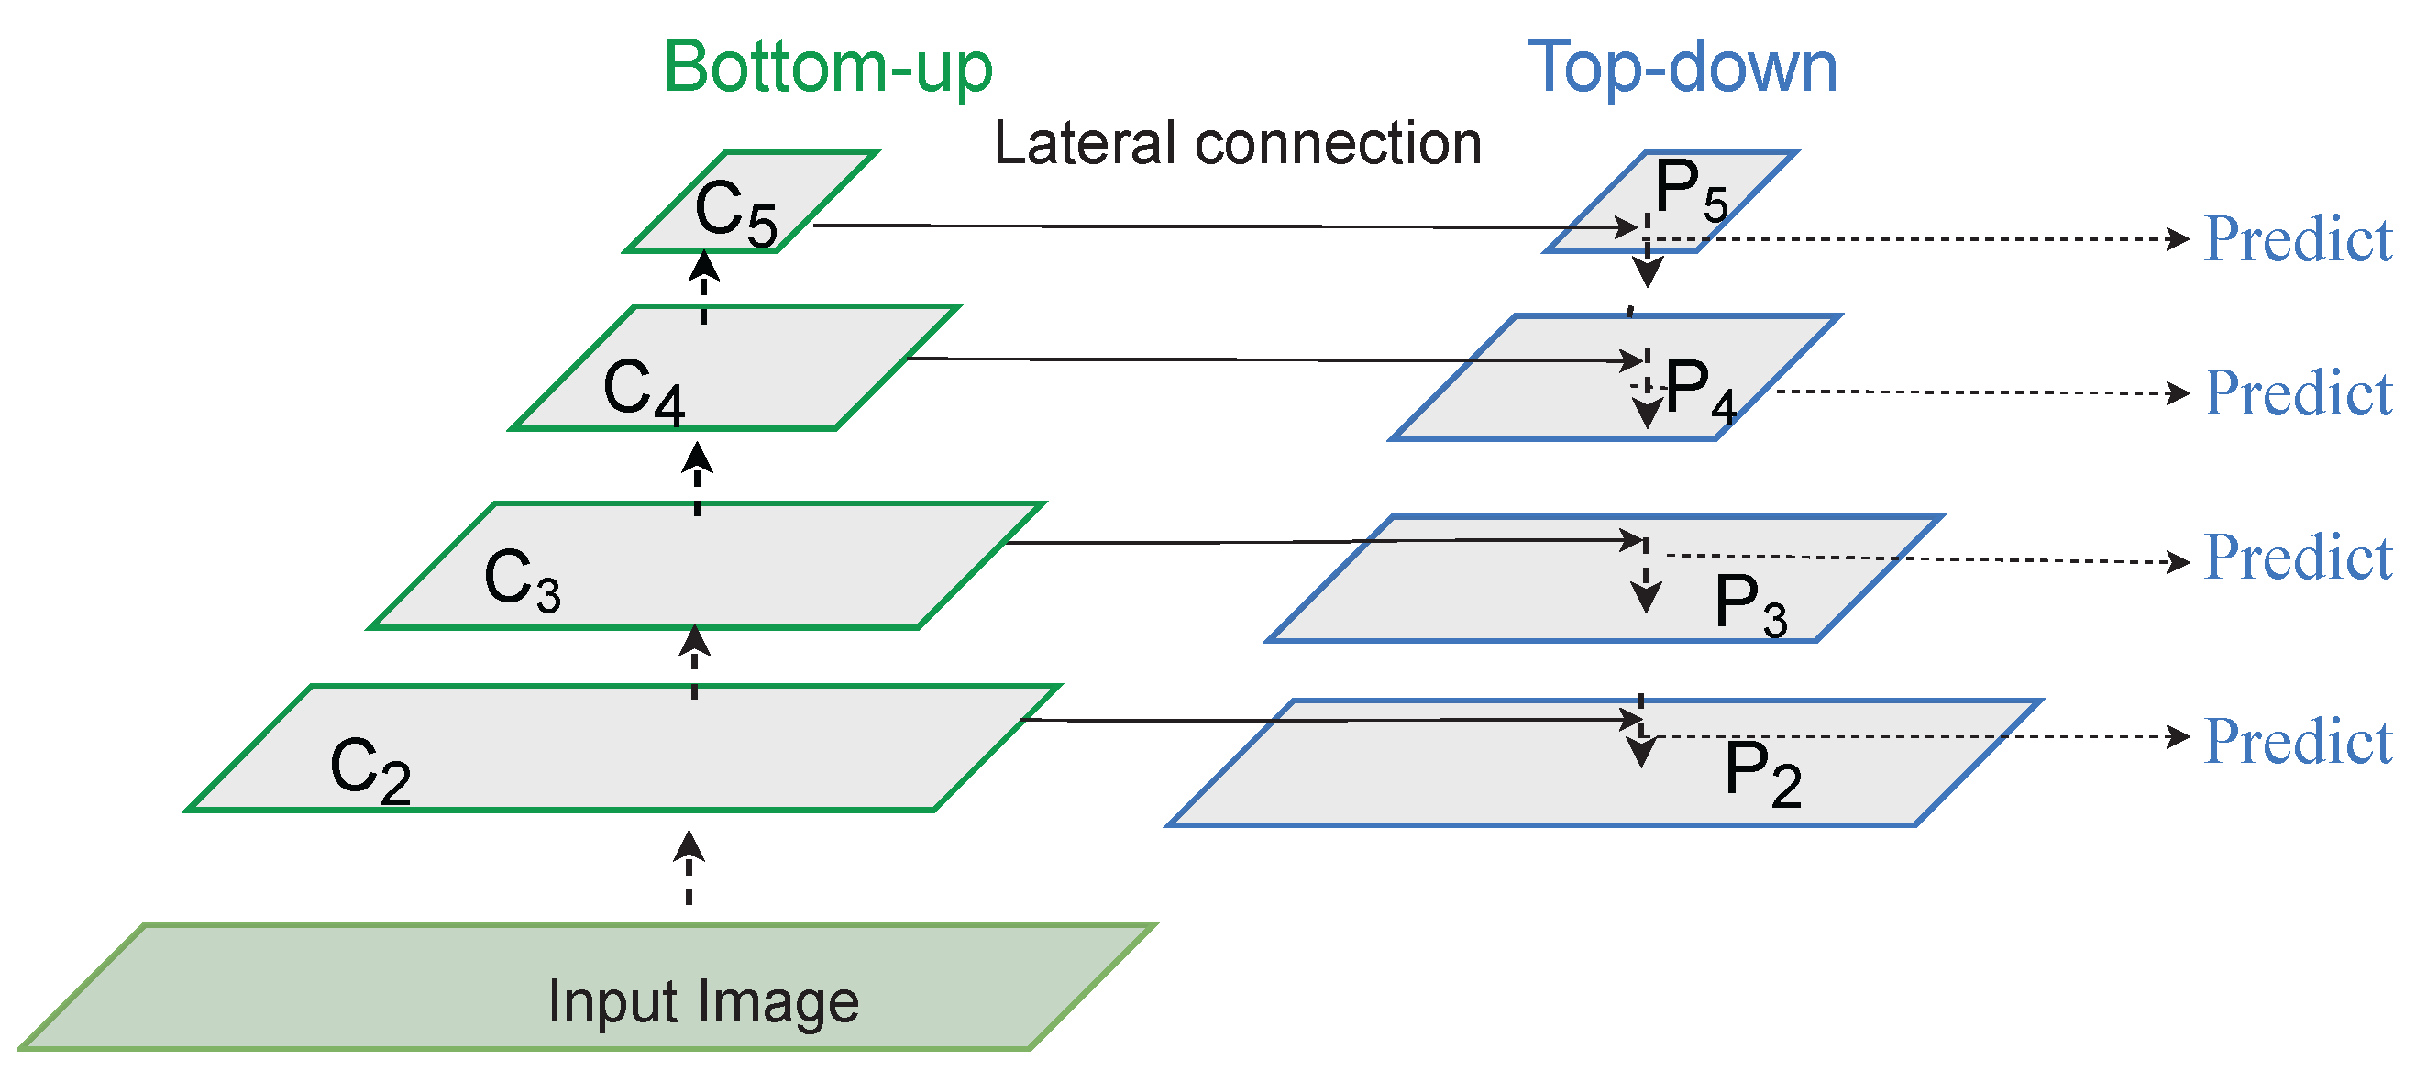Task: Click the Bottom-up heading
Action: [x=827, y=68]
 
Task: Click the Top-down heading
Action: [x=1682, y=68]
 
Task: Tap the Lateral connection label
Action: [x=1237, y=143]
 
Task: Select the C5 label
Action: [x=735, y=213]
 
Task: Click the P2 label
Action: [x=1762, y=774]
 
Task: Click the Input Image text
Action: [x=703, y=1001]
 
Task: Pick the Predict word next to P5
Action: [x=2298, y=239]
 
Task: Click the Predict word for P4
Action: [x=2298, y=393]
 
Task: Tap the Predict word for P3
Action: [x=2298, y=558]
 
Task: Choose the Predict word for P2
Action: [x=2298, y=742]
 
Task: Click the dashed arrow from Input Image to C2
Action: [x=689, y=868]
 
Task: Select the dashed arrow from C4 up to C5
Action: [x=704, y=288]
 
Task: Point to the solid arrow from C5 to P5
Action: [x=1219, y=226]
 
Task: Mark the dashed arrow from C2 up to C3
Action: [x=694, y=661]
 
